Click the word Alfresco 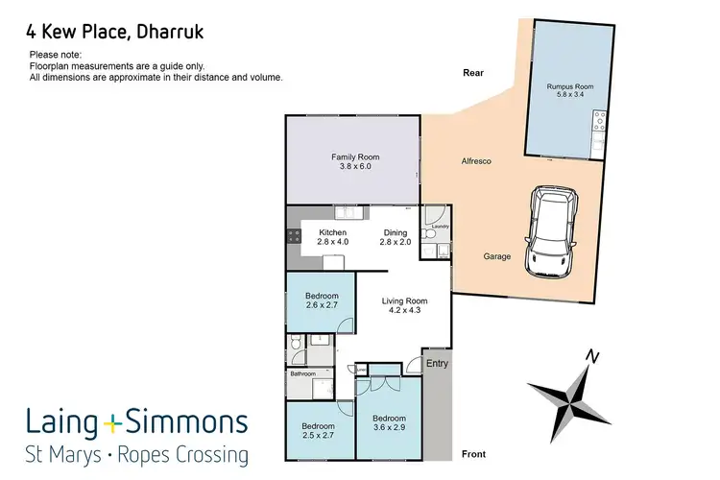point(475,161)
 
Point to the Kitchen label point(332,232)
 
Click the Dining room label point(396,232)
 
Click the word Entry point(437,363)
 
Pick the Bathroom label point(302,374)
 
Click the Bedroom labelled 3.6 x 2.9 point(389,419)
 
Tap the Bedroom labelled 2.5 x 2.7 point(318,425)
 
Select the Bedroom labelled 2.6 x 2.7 point(322,296)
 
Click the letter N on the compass point(594,357)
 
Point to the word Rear point(471,72)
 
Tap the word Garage point(497,256)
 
